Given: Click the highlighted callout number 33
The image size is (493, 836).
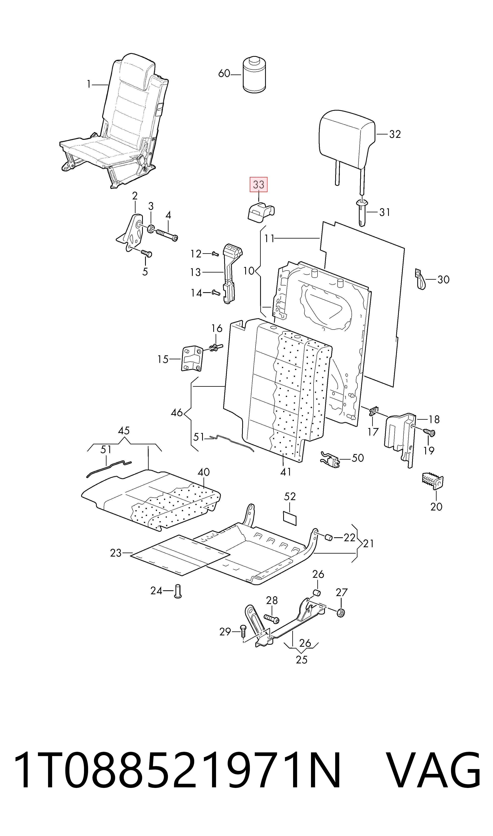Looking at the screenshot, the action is click(x=259, y=185).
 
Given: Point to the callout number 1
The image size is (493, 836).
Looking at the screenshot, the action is click(x=89, y=85).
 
